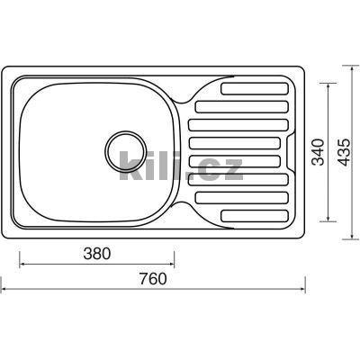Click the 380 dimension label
[97, 254]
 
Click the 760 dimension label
[152, 279]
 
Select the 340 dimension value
[318, 152]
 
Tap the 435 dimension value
[344, 152]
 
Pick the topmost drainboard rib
[255, 88]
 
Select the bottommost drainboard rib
[255, 215]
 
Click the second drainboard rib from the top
[242, 107]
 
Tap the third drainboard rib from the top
[238, 125]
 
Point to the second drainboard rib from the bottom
[242, 197]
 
